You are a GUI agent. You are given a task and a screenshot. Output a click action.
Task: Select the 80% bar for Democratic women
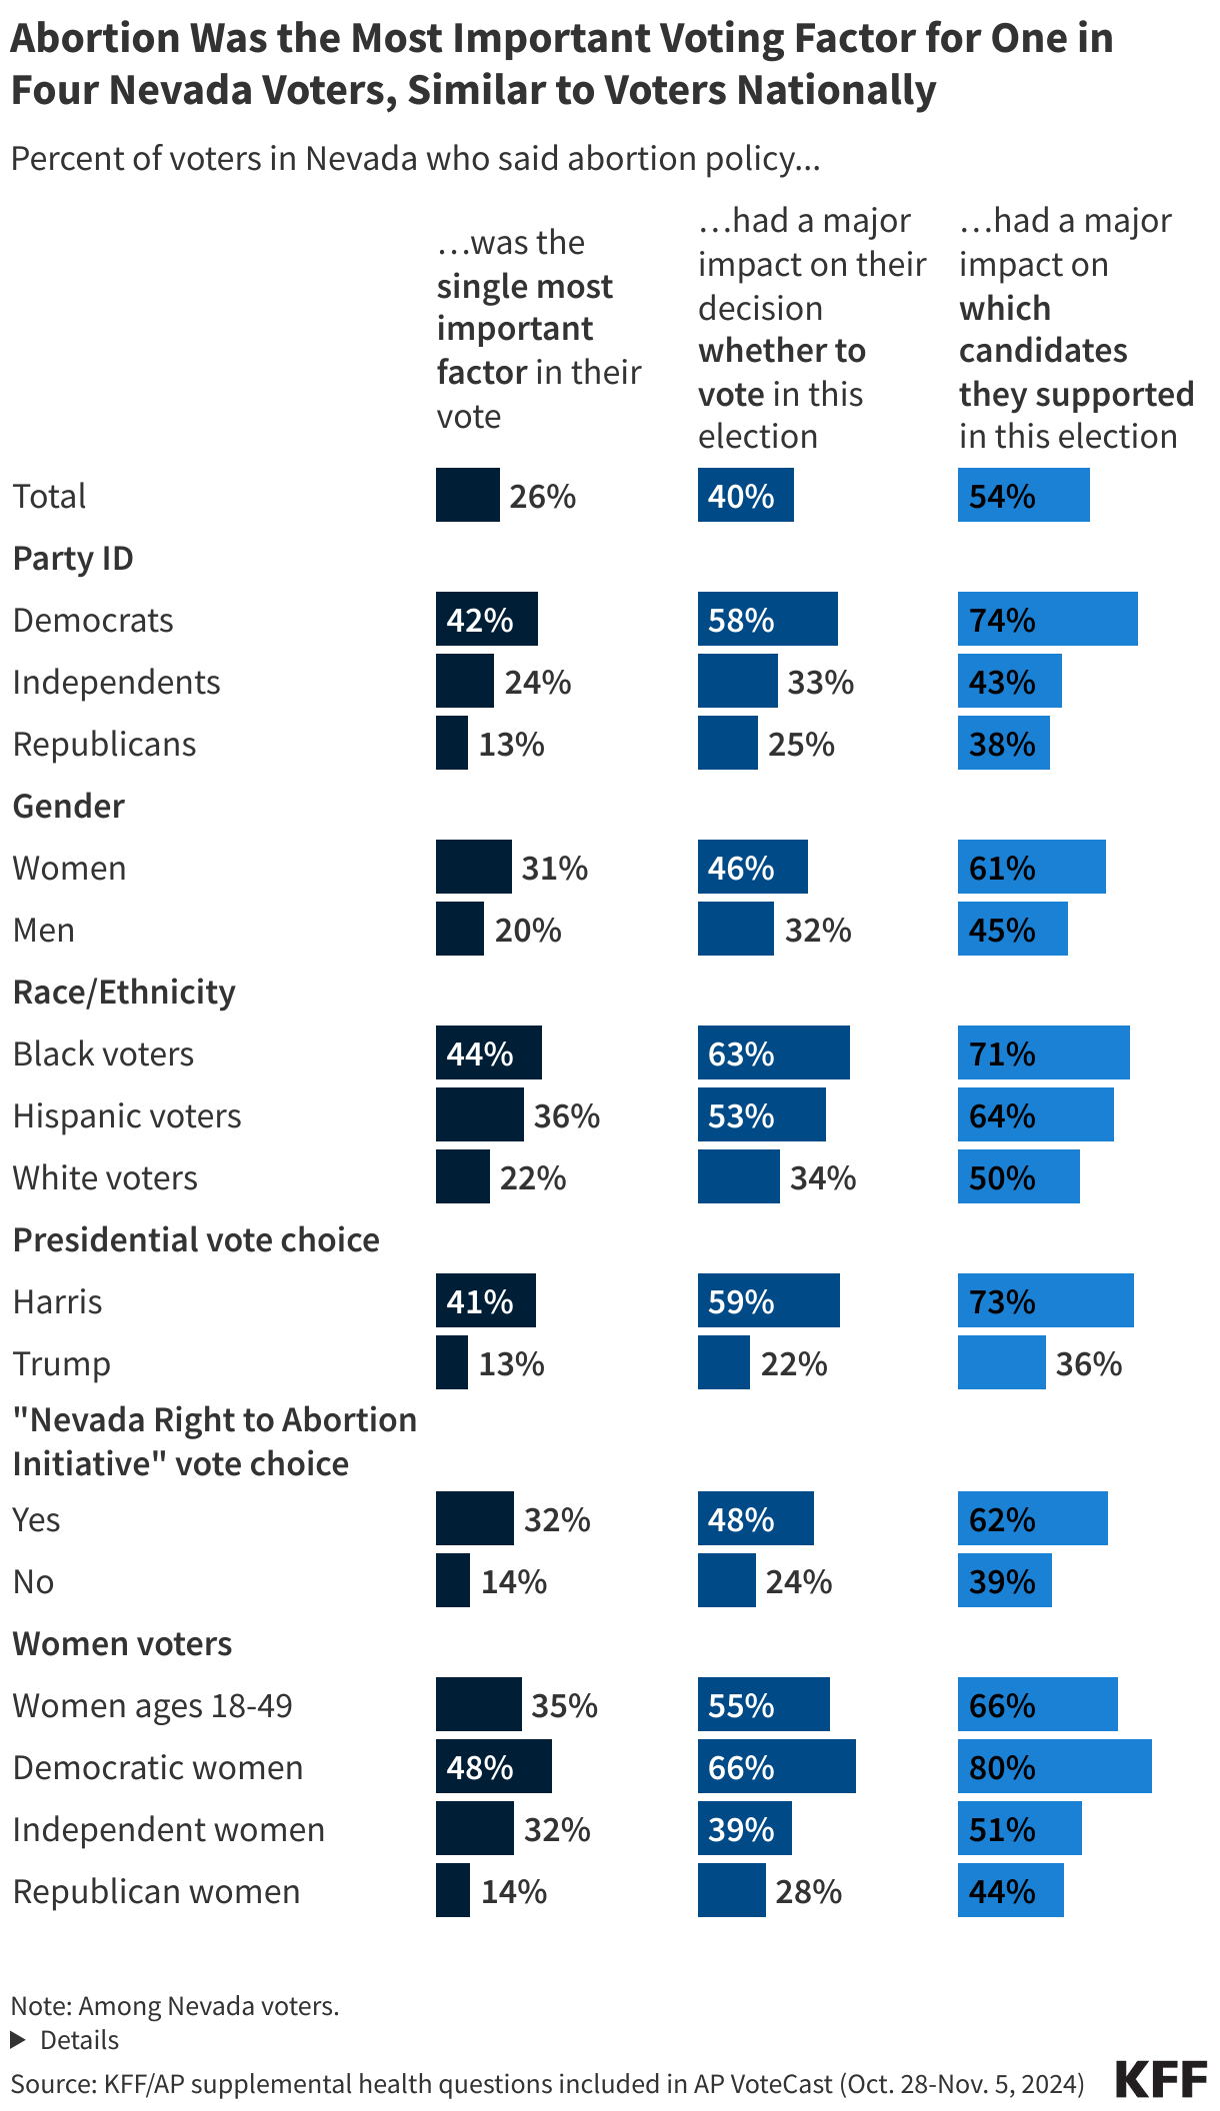[1054, 1766]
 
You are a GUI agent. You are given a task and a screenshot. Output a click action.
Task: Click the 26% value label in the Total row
[542, 496]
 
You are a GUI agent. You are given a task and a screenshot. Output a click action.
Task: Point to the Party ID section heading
[73, 558]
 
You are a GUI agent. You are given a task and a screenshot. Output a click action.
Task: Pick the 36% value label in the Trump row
[1089, 1363]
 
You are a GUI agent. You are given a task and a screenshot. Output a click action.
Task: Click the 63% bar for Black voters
[773, 1053]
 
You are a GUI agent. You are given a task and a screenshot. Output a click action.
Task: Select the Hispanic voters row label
[127, 1115]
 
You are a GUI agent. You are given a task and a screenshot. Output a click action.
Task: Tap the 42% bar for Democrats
[486, 619]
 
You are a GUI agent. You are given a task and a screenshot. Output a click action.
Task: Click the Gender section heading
[68, 806]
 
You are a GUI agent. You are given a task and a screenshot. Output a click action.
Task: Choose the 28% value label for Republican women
[808, 1891]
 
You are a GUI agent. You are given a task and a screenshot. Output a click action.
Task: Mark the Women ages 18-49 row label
[152, 1705]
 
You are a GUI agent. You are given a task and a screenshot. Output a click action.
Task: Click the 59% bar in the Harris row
[768, 1300]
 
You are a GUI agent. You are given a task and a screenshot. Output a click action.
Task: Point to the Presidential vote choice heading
[196, 1239]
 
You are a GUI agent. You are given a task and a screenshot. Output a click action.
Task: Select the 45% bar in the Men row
[1012, 929]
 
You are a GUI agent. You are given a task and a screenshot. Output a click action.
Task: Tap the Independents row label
[116, 682]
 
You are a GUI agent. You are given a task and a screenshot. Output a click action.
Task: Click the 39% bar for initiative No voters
[1004, 1580]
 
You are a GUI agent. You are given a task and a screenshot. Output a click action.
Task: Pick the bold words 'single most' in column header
[524, 287]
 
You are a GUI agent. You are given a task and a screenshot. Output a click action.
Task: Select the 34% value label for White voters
[822, 1177]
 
